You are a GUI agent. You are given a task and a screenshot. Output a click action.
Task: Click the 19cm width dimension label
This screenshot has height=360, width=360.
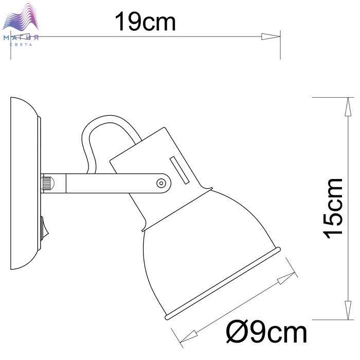[145, 22]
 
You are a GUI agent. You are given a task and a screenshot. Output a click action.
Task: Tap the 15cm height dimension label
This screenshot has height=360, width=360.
[333, 209]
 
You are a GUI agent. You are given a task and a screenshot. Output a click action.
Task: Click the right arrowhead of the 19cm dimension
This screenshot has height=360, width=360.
[271, 37]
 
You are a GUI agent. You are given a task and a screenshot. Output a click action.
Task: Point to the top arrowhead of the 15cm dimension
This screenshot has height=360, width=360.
[349, 107]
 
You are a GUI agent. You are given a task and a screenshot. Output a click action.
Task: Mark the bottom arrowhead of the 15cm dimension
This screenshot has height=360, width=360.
[349, 310]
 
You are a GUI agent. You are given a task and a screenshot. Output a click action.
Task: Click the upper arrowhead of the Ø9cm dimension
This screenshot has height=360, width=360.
[286, 278]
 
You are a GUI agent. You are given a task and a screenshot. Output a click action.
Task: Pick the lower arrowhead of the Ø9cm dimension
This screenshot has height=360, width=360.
[188, 337]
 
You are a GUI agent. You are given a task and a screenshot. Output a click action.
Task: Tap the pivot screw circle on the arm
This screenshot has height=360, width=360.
[161, 184]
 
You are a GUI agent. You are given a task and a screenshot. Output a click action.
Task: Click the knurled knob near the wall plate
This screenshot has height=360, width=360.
[48, 183]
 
